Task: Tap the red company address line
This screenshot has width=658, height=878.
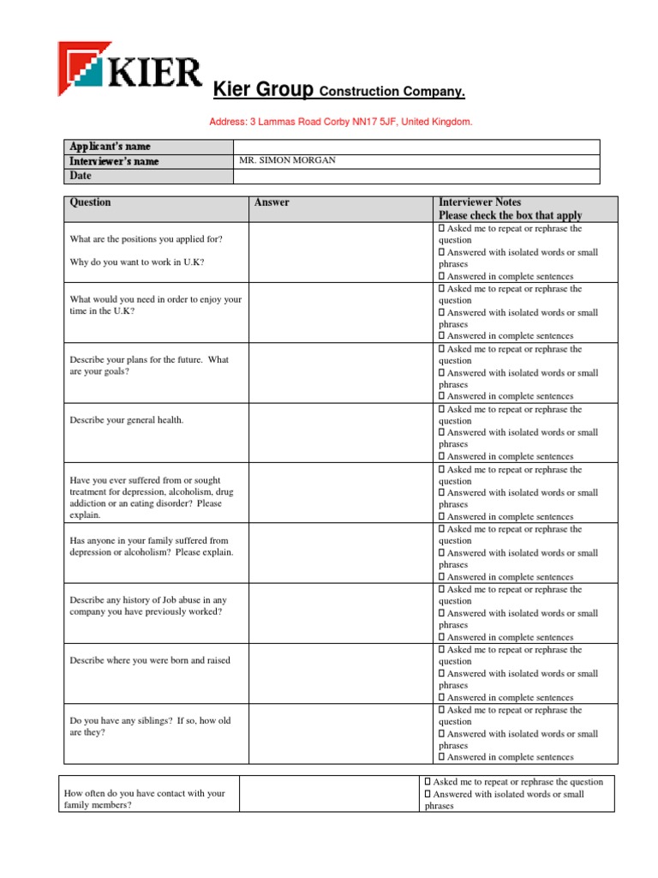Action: [x=341, y=123]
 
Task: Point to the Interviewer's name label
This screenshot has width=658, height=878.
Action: [x=114, y=161]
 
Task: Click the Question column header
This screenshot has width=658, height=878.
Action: [x=90, y=202]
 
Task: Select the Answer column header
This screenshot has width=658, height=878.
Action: [x=272, y=202]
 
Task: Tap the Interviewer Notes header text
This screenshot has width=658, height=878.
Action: [x=480, y=202]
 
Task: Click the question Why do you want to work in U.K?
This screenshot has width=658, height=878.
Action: [x=137, y=262]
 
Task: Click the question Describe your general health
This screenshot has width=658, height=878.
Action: [x=127, y=420]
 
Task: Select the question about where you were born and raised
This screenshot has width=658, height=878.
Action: [x=150, y=660]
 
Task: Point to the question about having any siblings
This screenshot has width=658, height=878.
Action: [x=150, y=727]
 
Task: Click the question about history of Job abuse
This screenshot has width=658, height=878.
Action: [x=147, y=606]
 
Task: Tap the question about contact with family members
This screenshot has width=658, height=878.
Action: [x=144, y=799]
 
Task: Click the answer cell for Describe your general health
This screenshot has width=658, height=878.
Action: [x=340, y=433]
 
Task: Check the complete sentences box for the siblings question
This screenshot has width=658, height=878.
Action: [x=442, y=757]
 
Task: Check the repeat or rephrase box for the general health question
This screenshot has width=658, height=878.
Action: [x=442, y=410]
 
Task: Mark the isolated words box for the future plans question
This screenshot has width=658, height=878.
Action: [x=442, y=373]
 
